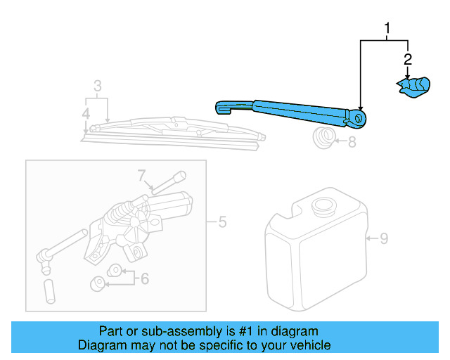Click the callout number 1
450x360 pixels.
point(386,28)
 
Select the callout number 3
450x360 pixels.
point(98,86)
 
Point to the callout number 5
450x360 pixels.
point(222,223)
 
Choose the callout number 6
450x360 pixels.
point(145,278)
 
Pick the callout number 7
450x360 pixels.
point(141,175)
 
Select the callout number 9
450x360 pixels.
point(384,238)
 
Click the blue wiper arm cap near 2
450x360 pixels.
point(413,86)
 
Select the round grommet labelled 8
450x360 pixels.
point(325,138)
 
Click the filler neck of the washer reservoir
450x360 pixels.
point(323,207)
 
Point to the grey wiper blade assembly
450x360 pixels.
point(169,131)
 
